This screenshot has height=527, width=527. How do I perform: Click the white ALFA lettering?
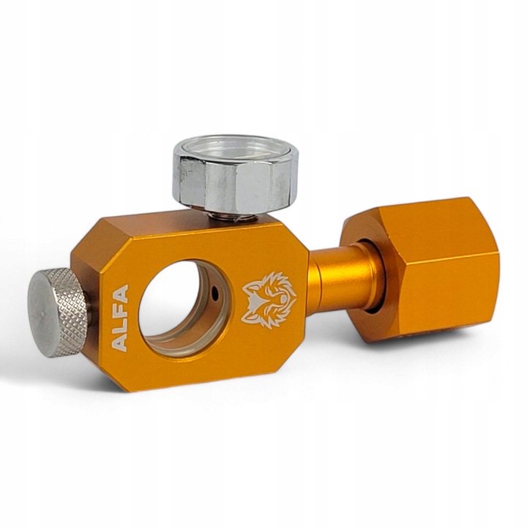pyautogui.click(x=120, y=318)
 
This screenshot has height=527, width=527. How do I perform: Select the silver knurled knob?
pyautogui.click(x=59, y=311)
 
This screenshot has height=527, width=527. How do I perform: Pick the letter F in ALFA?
pyautogui.click(x=120, y=310)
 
